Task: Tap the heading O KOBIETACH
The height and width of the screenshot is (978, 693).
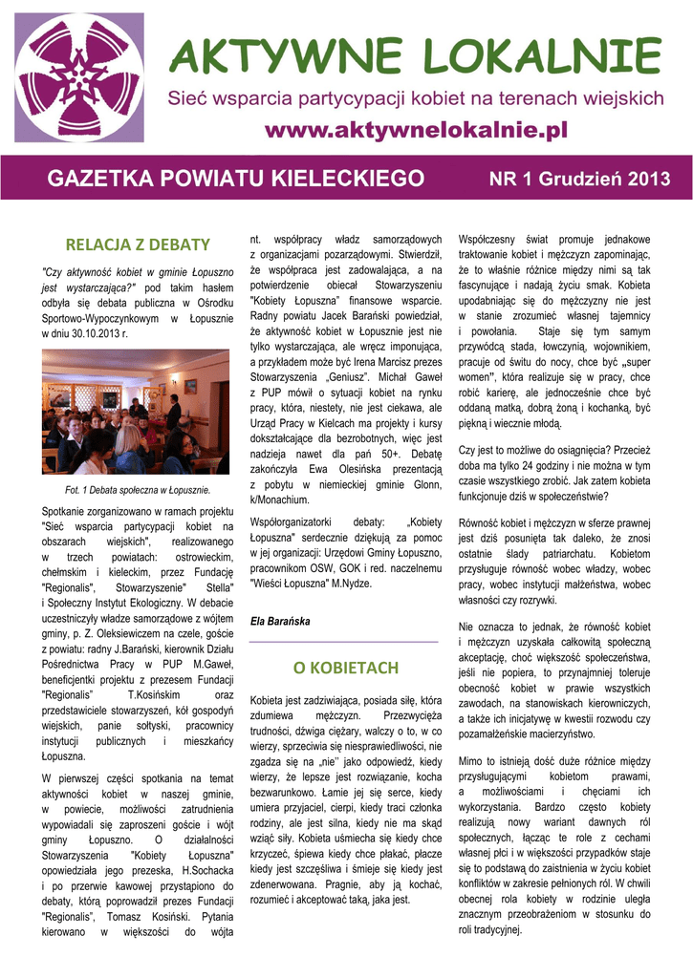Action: (x=344, y=666)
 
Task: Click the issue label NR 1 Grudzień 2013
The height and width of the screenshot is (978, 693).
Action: (x=579, y=179)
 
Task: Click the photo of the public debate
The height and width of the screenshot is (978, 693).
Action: (x=135, y=412)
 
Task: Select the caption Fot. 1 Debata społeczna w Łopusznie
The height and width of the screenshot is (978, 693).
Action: (x=136, y=490)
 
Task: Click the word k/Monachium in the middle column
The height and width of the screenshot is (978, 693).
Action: (x=279, y=499)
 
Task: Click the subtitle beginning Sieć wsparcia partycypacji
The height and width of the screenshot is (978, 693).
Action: (x=416, y=97)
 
